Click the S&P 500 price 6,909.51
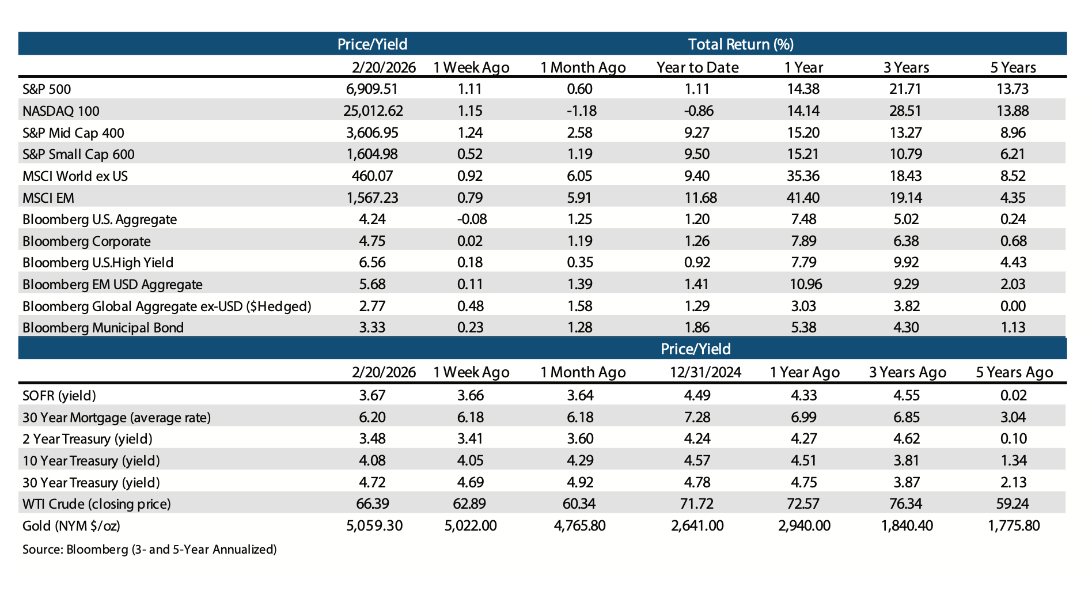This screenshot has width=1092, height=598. [x=372, y=89]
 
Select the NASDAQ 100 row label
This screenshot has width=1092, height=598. [x=61, y=111]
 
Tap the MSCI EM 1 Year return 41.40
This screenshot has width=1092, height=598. [x=803, y=198]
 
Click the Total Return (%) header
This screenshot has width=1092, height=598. [x=741, y=44]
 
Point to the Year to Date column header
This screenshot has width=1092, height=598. [x=697, y=68]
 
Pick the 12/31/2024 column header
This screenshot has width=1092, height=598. [x=705, y=373]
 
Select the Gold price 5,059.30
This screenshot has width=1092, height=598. [x=374, y=526]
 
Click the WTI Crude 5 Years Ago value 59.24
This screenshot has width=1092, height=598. [x=1013, y=504]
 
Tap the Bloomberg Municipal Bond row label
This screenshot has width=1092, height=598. [x=103, y=328]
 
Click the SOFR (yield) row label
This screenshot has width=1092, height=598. [x=59, y=396]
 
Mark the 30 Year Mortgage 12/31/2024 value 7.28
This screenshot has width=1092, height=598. [x=697, y=418]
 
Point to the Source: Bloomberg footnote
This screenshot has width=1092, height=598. [x=150, y=550]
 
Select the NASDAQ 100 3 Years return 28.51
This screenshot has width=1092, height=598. [x=906, y=111]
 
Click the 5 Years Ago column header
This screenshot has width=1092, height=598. [x=1014, y=373]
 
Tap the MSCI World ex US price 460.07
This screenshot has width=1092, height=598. [x=372, y=176]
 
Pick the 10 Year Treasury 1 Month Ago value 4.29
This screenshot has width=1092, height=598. [x=580, y=461]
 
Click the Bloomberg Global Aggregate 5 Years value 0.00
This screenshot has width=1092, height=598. [x=1013, y=306]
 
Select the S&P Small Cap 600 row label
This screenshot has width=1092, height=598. [x=78, y=154]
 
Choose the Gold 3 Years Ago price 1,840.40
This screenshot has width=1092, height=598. [x=907, y=526]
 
